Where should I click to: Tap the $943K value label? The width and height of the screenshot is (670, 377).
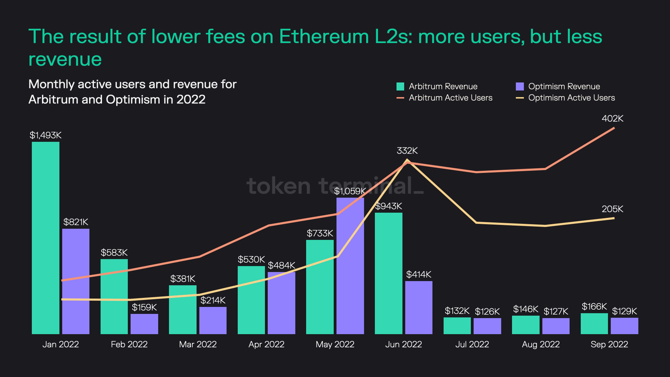click(389, 206)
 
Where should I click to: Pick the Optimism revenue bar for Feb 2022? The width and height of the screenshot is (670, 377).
click(144, 324)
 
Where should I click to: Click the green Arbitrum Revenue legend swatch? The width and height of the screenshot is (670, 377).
click(400, 86)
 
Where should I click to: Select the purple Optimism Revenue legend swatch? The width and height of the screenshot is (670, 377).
click(519, 86)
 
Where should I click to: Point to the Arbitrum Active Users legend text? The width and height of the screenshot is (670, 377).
click(451, 98)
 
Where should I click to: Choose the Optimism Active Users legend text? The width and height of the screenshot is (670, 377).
click(571, 98)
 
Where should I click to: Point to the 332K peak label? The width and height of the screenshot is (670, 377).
click(407, 151)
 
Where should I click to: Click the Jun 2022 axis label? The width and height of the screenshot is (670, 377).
click(403, 344)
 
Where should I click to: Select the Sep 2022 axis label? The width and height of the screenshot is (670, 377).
click(609, 344)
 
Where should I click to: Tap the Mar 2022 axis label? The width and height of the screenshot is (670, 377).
click(198, 344)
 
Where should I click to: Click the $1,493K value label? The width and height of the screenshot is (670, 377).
click(46, 135)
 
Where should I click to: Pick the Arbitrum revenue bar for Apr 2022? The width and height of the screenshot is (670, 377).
click(251, 300)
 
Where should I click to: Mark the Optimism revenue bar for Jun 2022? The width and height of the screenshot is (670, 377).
click(419, 308)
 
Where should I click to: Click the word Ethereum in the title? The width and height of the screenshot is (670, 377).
click(324, 36)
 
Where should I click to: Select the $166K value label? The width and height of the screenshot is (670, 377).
click(594, 306)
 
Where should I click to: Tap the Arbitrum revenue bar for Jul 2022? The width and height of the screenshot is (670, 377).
click(457, 326)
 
